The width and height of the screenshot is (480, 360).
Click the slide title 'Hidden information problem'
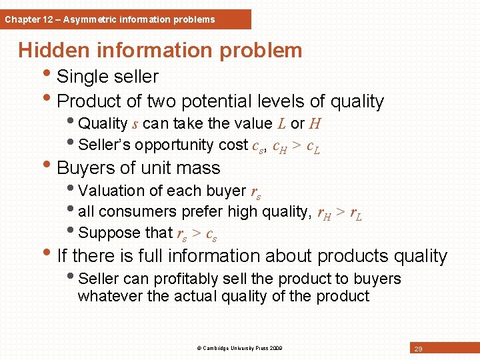click(160, 50)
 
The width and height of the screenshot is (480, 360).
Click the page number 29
click(419, 349)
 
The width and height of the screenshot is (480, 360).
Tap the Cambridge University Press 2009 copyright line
click(239, 348)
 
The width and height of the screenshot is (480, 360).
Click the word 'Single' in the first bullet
click(84, 77)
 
